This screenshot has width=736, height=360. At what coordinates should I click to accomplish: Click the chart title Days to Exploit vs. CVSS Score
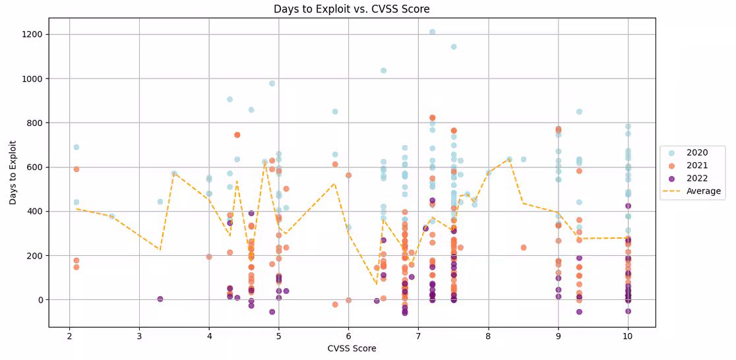tap(352, 9)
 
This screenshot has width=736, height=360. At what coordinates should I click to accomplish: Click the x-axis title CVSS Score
tap(352, 348)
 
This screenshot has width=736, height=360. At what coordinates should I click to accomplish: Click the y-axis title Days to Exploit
tap(13, 171)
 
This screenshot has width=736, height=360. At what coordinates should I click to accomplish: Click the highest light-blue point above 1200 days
tap(432, 32)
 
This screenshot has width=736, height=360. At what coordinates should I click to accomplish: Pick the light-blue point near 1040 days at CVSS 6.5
tap(383, 71)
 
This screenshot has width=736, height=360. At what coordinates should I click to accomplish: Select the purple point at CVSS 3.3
tap(160, 299)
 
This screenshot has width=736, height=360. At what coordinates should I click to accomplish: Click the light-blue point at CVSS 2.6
tap(111, 216)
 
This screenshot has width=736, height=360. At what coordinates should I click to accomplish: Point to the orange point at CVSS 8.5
tap(524, 247)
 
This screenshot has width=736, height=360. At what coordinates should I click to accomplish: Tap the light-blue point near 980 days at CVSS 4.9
tap(272, 83)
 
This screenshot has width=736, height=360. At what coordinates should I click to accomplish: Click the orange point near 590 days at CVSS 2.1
tap(77, 169)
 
